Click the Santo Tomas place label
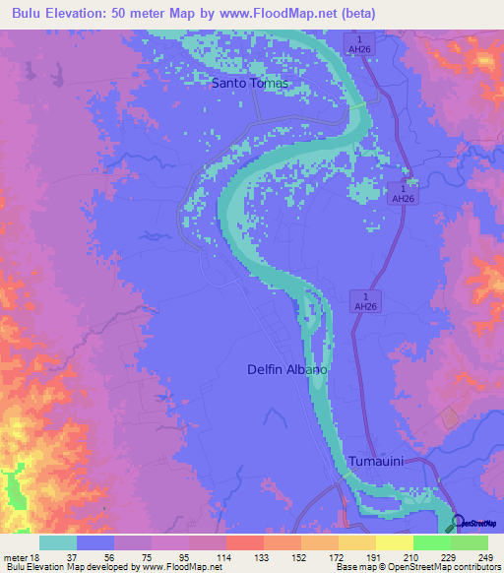point(250,84)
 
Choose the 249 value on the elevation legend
point(485,557)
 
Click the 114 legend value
point(223,557)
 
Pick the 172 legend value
point(336,557)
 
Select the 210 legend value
point(410,557)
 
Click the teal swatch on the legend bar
point(58,542)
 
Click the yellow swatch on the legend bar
point(357,542)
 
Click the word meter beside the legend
point(15,557)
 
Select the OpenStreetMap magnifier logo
point(459,522)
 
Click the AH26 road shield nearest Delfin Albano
point(364,302)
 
